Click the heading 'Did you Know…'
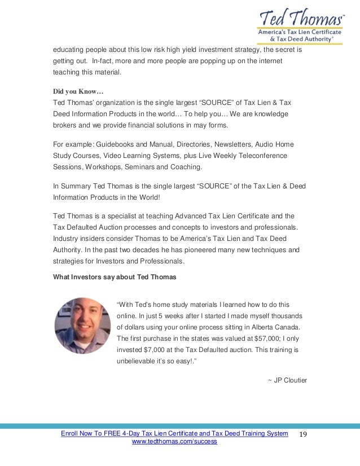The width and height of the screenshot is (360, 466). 78,91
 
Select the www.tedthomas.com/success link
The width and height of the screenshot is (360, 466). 174,442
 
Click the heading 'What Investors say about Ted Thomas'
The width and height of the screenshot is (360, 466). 115,277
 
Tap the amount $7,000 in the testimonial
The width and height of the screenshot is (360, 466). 155,350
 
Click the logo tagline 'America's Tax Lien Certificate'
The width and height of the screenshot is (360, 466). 299,33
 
